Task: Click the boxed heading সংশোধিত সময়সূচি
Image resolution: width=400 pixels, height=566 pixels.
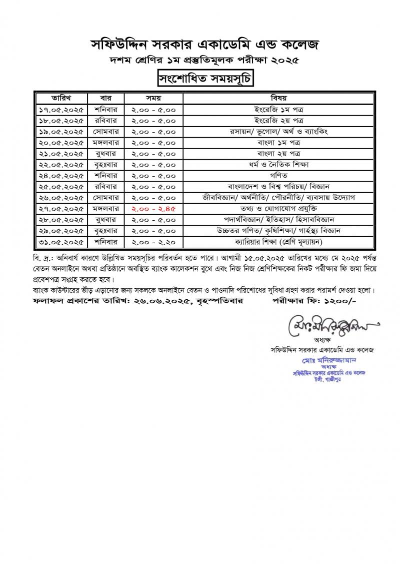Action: tap(200, 79)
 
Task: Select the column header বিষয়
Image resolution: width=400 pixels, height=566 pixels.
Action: tap(278, 98)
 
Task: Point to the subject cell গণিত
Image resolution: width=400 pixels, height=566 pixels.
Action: tap(278, 175)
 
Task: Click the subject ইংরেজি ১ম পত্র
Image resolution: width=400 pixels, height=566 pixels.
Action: tap(278, 109)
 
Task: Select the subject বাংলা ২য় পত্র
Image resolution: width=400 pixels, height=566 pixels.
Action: tap(278, 153)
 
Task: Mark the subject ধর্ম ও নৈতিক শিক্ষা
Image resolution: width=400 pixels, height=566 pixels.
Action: tap(278, 164)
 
